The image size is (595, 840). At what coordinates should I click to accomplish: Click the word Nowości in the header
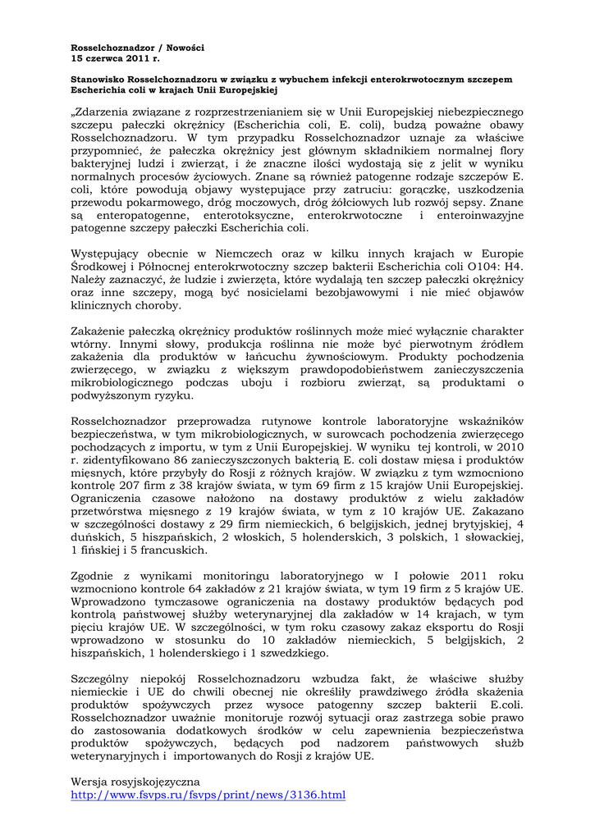pos(186,48)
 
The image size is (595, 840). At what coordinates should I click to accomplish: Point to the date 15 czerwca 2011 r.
pos(116,60)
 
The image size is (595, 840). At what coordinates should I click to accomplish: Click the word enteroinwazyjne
pos(479,214)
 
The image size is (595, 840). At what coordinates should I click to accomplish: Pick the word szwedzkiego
pos(288,653)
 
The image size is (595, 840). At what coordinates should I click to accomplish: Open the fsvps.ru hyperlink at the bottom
pos(208,795)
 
